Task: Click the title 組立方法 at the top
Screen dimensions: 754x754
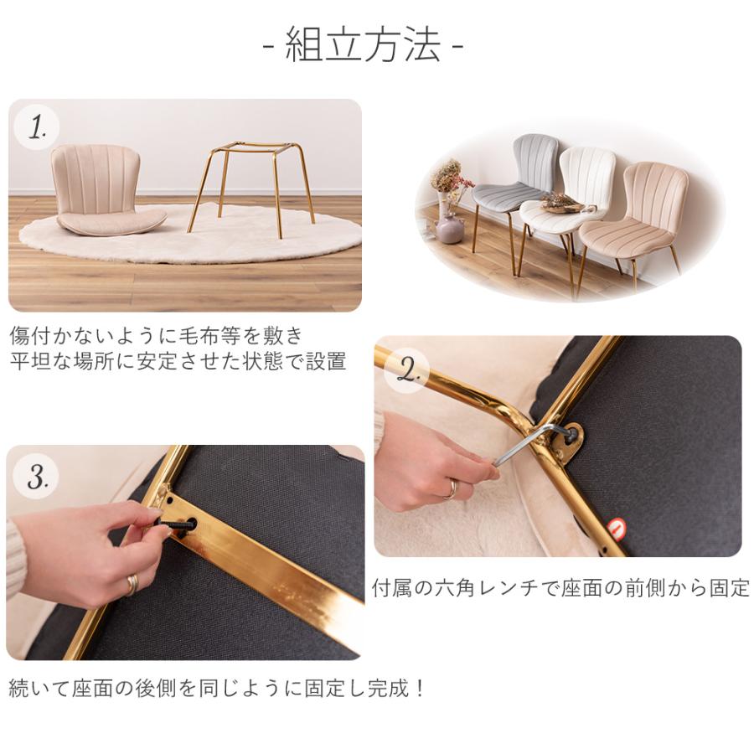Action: (x=363, y=44)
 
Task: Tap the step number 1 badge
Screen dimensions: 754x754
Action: (x=37, y=127)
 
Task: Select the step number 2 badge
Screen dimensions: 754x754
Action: (x=407, y=370)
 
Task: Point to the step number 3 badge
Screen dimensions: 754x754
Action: (x=35, y=476)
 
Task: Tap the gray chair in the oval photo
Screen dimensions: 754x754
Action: (x=514, y=193)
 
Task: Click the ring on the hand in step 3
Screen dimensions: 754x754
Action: (x=132, y=584)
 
